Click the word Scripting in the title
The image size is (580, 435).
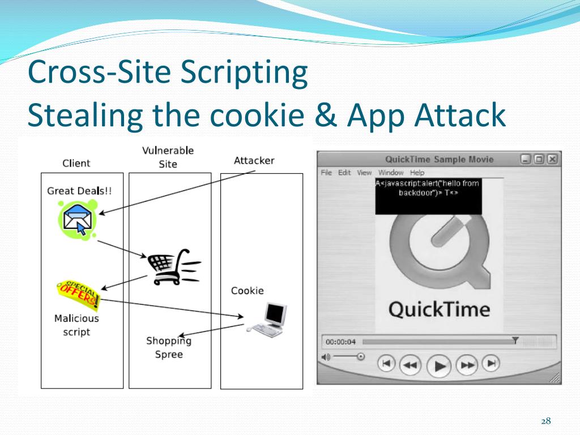click(245, 73)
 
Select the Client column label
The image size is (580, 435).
click(76, 163)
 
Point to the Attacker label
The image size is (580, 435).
click(254, 160)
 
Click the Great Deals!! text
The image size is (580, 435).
click(79, 191)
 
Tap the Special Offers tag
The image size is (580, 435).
click(78, 294)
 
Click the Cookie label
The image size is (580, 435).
click(248, 291)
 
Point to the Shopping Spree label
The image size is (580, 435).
click(169, 347)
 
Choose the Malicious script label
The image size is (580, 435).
click(76, 325)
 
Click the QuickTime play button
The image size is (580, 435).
click(439, 365)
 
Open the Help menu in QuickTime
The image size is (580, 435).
click(417, 173)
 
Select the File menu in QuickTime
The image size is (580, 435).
click(326, 173)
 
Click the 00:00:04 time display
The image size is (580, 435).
click(340, 342)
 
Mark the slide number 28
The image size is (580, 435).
click(545, 421)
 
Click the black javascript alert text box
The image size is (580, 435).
click(428, 196)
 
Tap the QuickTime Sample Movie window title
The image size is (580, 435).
click(439, 159)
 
